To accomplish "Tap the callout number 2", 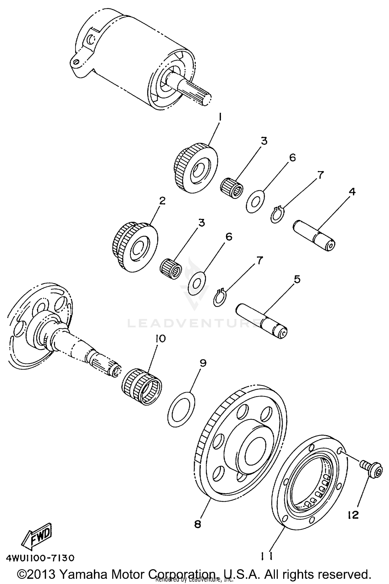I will [x=162, y=201].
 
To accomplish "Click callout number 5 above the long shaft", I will [x=297, y=279].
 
